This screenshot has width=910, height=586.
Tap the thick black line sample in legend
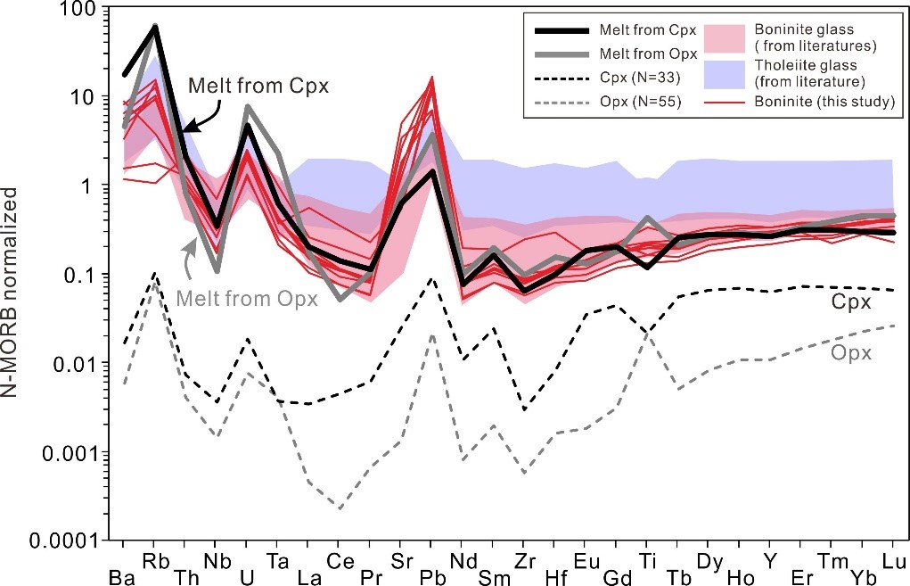pos(563,33)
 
